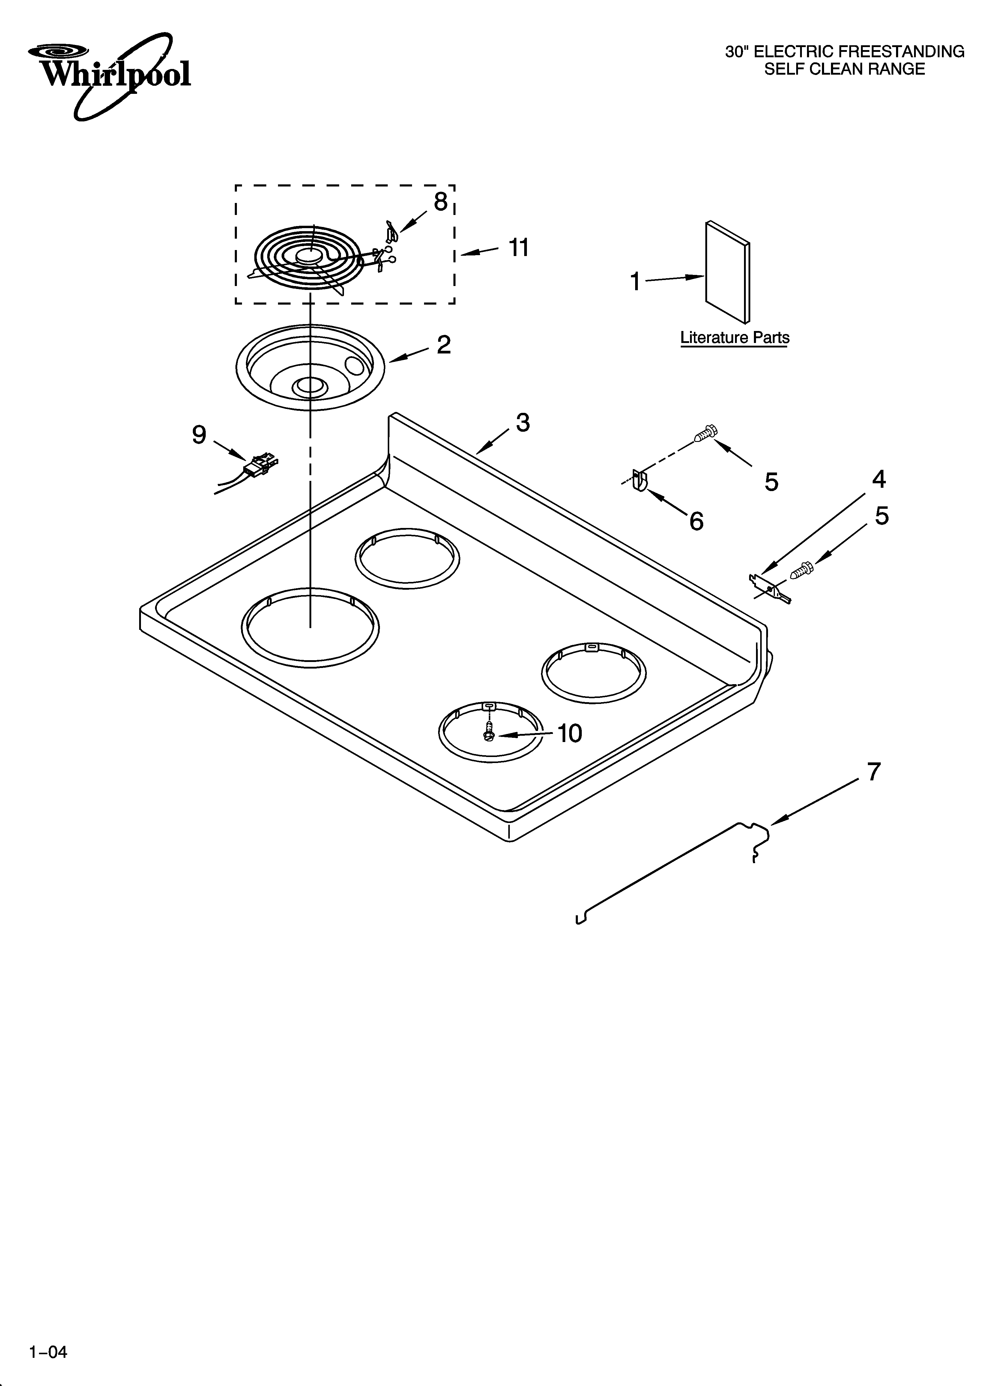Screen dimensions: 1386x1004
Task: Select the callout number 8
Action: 440,202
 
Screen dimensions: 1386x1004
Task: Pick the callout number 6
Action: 696,521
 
